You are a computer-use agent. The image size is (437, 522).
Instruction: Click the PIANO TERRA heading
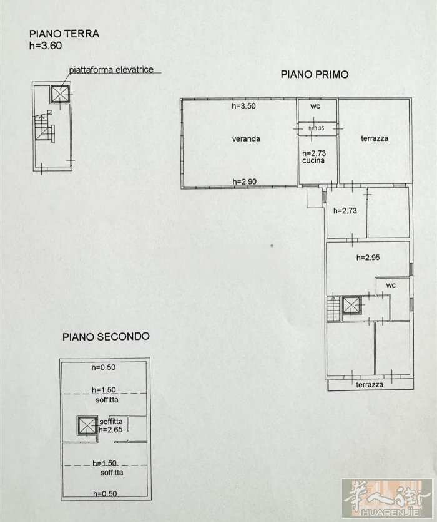point(64,34)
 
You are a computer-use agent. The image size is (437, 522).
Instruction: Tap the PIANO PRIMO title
point(315,74)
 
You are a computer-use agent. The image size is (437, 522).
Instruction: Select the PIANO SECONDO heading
point(106,337)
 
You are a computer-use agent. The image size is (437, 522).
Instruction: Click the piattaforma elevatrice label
point(111,70)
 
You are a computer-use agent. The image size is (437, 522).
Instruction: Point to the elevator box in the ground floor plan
point(61,94)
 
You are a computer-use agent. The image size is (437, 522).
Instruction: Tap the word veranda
point(246,139)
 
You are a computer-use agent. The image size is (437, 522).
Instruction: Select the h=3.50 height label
point(243,106)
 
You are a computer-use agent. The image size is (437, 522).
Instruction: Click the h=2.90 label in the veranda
point(245,181)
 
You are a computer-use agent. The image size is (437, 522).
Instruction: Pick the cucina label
point(313,160)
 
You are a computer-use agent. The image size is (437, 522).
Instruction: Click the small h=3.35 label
point(316,128)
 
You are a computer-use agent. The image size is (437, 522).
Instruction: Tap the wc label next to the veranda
point(315,106)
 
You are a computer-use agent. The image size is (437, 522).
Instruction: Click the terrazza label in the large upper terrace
point(375,138)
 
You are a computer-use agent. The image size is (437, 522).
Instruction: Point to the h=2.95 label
point(368,258)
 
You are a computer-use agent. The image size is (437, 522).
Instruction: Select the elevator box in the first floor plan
point(351,304)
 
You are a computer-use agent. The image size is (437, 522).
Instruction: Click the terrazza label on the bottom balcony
point(370,385)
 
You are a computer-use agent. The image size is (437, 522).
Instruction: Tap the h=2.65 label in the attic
point(110,430)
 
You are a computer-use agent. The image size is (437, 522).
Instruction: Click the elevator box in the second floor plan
point(87,425)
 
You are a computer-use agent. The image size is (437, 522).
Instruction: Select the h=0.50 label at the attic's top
point(104,367)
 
